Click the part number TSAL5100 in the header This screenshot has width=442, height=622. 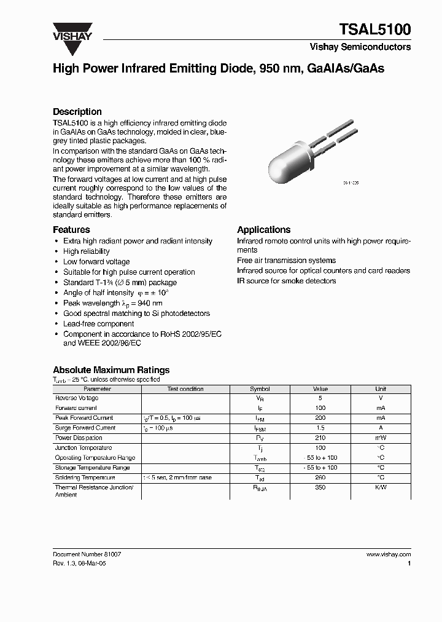pyautogui.click(x=375, y=30)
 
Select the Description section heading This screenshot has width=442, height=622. pyautogui.click(x=77, y=112)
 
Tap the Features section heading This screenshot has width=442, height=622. pyautogui.click(x=71, y=229)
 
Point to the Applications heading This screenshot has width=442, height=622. pyautogui.click(x=263, y=229)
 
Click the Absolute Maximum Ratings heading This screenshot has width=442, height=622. pyautogui.click(x=111, y=370)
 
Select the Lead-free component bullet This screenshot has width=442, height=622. pyautogui.click(x=98, y=324)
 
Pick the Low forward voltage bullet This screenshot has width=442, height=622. pyautogui.click(x=96, y=262)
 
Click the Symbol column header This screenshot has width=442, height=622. pyautogui.click(x=260, y=389)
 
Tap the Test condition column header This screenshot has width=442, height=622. pyautogui.click(x=185, y=389)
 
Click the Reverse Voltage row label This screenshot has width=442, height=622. pyautogui.click(x=77, y=398)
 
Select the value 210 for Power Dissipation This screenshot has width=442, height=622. pyautogui.click(x=320, y=438)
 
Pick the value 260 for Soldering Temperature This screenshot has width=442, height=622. pyautogui.click(x=320, y=478)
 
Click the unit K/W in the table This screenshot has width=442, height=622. pyautogui.click(x=381, y=487)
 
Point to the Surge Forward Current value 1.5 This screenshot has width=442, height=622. pyautogui.click(x=320, y=428)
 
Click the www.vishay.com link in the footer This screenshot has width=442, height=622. pyautogui.click(x=388, y=554)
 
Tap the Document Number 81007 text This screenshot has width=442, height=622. pyautogui.click(x=87, y=554)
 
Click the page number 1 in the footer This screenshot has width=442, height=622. pyautogui.click(x=409, y=563)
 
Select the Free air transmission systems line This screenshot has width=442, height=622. pyautogui.click(x=286, y=261)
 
